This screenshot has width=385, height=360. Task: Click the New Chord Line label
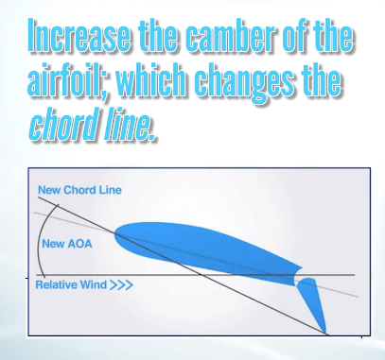(x=79, y=190)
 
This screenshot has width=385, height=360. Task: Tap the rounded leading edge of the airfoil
(x=120, y=237)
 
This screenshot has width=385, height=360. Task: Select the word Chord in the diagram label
(x=83, y=190)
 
